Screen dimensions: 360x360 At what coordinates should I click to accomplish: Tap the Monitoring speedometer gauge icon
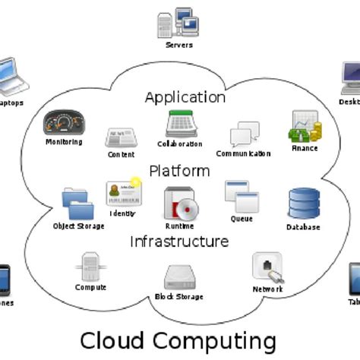click(63, 122)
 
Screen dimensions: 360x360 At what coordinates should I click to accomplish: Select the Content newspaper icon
click(121, 138)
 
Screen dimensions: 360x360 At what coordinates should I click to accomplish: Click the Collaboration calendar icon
click(180, 125)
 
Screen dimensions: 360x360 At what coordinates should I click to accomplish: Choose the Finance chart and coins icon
click(305, 127)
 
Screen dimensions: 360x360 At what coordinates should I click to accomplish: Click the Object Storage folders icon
click(77, 204)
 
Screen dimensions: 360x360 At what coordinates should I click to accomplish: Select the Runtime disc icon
click(180, 203)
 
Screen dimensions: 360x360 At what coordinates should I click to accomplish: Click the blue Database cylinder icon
click(303, 203)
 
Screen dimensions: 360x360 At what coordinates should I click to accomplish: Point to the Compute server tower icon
click(90, 267)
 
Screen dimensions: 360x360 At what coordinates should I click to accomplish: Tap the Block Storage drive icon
click(179, 276)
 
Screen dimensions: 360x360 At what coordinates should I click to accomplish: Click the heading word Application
click(185, 97)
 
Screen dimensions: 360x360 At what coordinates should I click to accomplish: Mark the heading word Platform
click(179, 170)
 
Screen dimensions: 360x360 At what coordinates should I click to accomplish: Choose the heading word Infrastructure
click(179, 242)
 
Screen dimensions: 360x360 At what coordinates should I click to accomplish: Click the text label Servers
click(178, 46)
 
